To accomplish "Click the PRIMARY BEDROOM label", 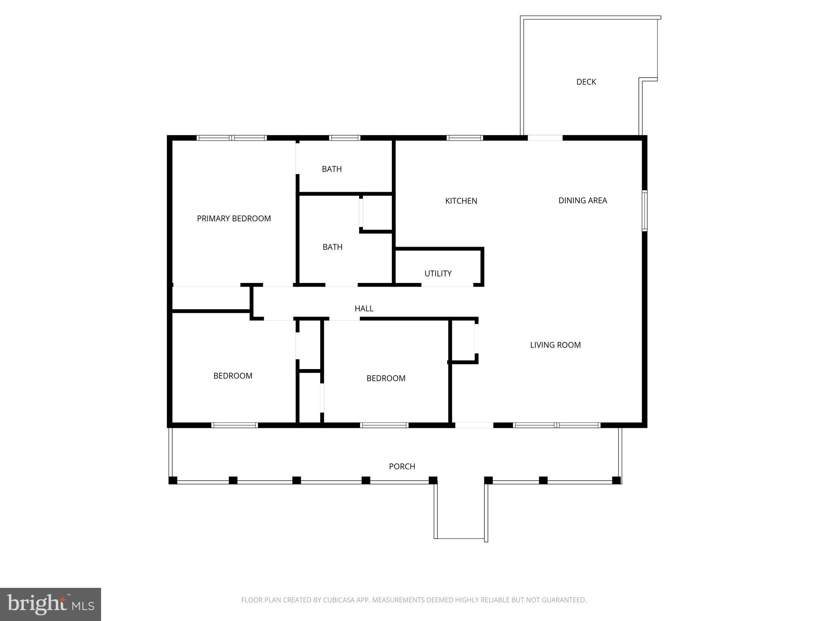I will point(234,219).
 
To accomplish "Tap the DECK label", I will point(586,82).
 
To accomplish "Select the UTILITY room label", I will point(438,274).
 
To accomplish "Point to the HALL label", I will point(364,308).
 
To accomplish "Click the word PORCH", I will point(402,467).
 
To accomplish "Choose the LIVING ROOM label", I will point(555,345).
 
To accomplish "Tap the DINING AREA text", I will point(583,201).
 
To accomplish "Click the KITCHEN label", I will point(461,201).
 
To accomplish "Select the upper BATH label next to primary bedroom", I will point(332,169).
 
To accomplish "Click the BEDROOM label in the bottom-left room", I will point(233,376).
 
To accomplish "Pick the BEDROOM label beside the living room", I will point(386,378).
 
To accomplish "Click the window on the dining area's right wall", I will point(644,211).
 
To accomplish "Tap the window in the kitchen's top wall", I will point(465,138).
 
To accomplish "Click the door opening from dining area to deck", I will point(545,138).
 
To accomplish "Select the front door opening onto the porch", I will point(474,425).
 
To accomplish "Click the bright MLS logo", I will point(51,604).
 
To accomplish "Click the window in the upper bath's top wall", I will point(344,138).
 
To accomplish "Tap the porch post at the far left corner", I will point(173,480).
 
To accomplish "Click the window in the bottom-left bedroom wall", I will point(234,425).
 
